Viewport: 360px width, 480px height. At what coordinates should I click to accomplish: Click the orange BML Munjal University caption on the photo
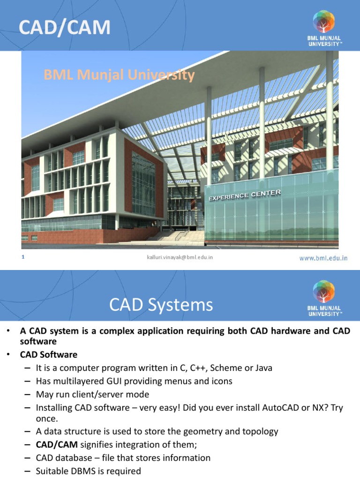click(x=119, y=75)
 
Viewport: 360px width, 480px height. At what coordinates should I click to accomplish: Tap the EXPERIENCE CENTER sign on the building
click(x=245, y=195)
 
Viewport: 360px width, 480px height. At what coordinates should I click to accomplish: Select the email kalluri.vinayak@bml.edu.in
click(x=180, y=257)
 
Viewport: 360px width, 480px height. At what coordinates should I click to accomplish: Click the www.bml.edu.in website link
click(x=323, y=258)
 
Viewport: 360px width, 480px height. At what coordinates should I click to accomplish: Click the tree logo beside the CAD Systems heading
click(x=324, y=292)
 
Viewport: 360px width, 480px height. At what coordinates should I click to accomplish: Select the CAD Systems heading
click(x=161, y=305)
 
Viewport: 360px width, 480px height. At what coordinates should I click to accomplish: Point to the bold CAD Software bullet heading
click(x=48, y=354)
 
